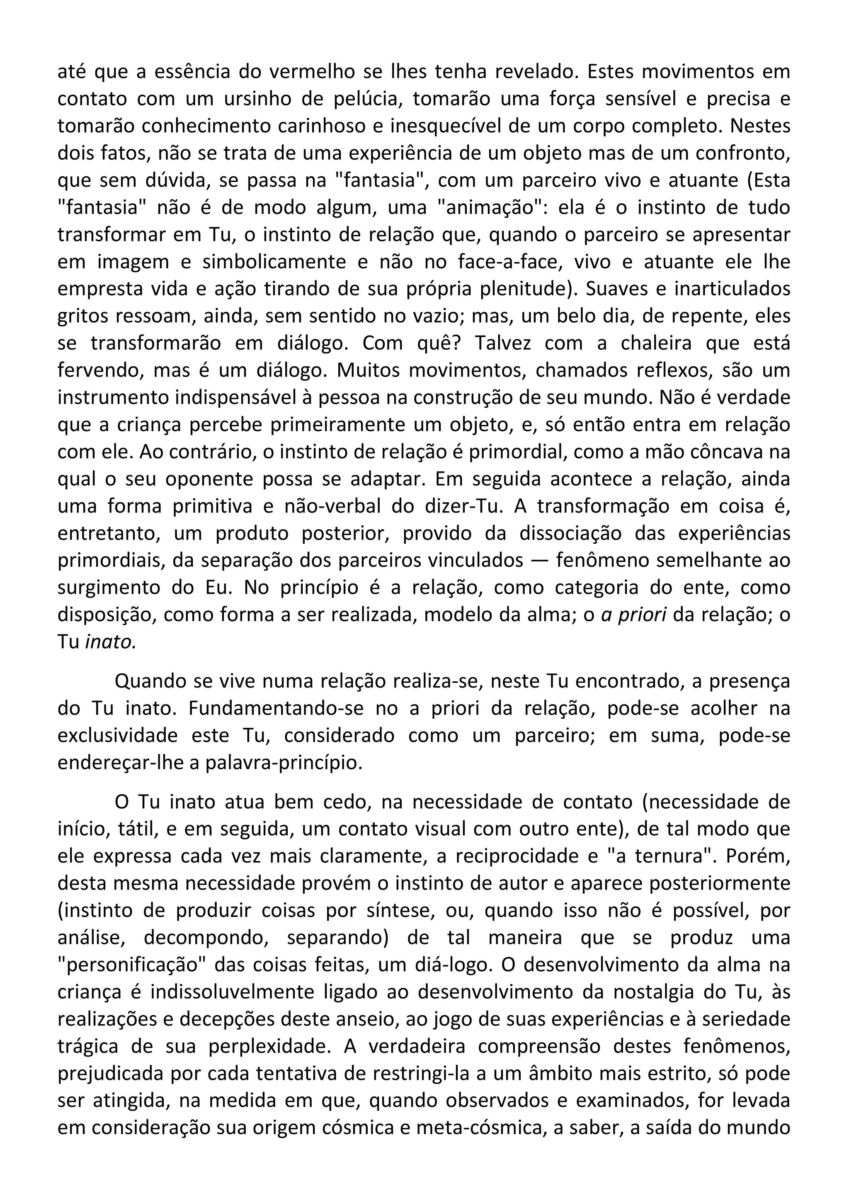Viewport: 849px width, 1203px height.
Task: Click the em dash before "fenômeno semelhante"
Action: pos(539,561)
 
